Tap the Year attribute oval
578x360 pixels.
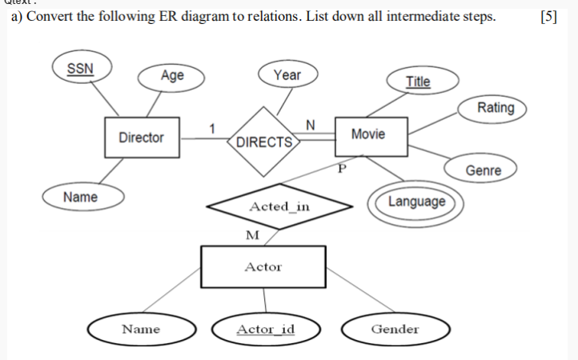(287, 75)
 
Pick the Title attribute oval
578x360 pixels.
(418, 81)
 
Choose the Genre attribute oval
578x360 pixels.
(484, 170)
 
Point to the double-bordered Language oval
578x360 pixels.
(416, 202)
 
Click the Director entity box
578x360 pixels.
(141, 138)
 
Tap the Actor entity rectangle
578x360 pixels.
(263, 267)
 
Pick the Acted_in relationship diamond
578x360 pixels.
(279, 206)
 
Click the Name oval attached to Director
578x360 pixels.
(81, 197)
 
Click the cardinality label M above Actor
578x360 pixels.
(253, 234)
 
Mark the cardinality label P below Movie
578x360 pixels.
(340, 170)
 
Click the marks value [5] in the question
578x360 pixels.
(548, 19)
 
